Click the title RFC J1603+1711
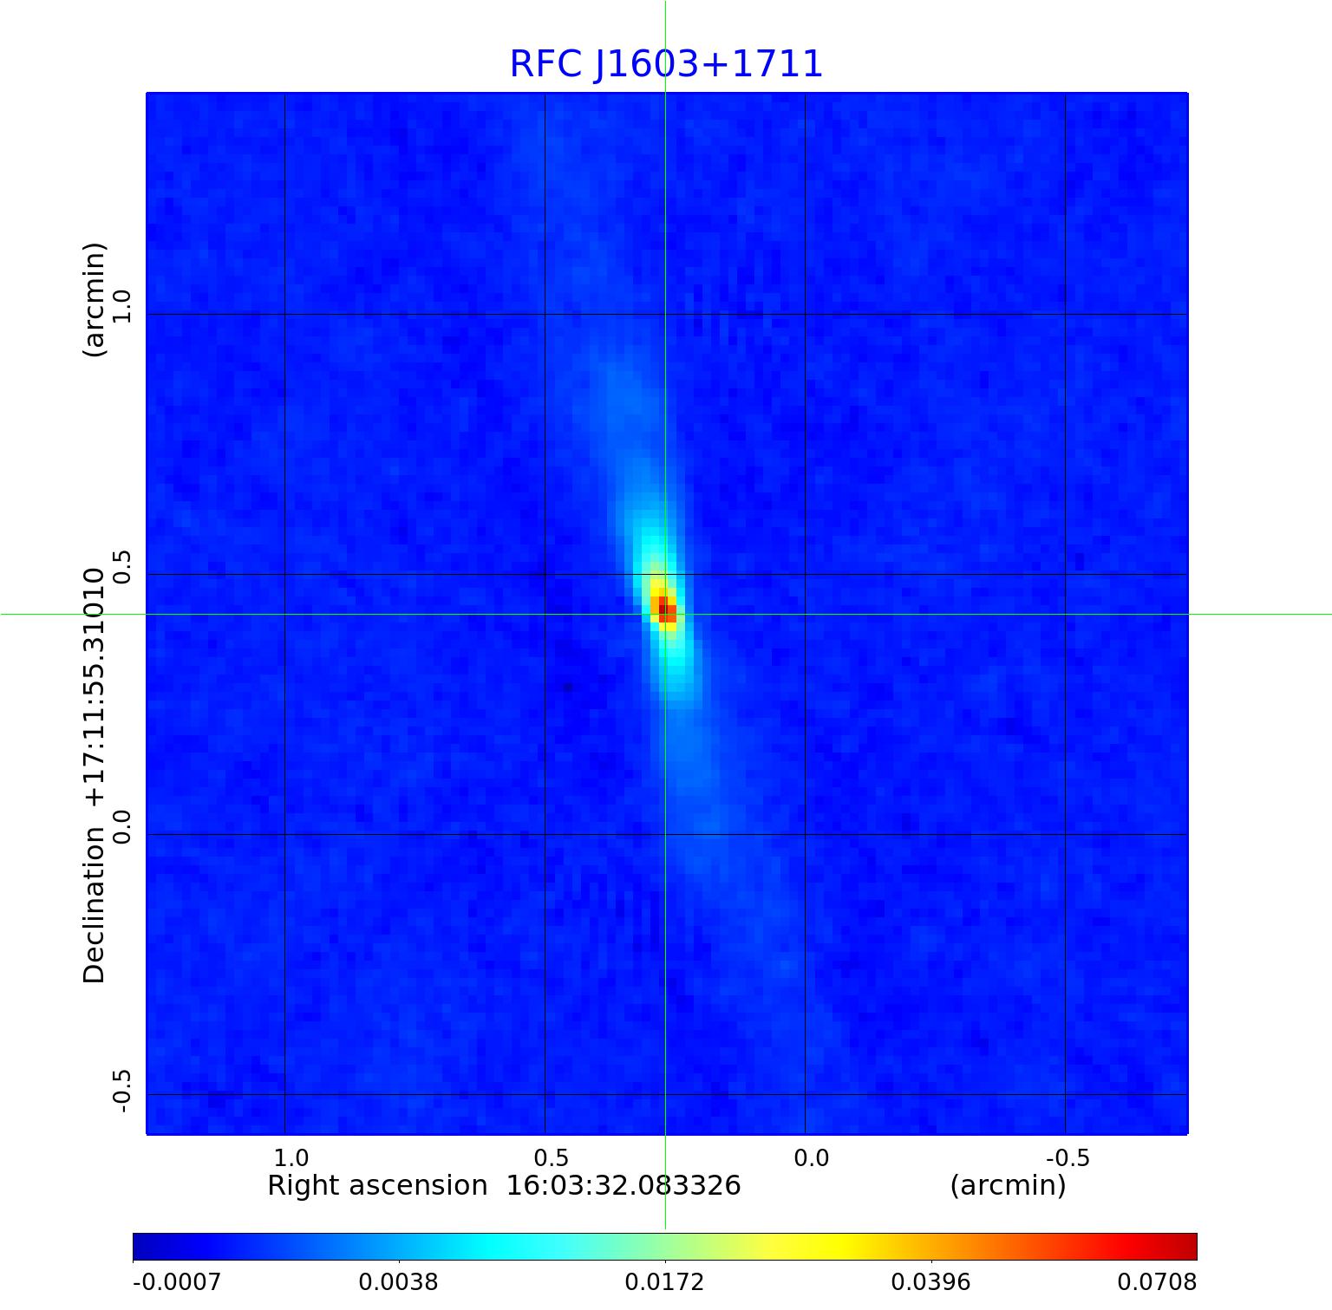pos(665,65)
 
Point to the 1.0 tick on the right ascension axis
pos(291,1157)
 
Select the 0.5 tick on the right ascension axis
pos(551,1157)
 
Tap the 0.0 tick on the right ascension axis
pos(811,1157)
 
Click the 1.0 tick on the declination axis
pos(121,306)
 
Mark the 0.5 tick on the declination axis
pos(121,566)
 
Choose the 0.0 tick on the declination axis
pos(121,826)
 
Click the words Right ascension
pos(377,1185)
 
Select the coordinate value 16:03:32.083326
pos(623,1185)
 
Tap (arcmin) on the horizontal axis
pos(1008,1185)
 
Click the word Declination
pos(94,905)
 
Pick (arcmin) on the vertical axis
pos(94,299)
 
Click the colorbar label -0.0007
pos(177,1281)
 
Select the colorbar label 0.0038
pos(398,1281)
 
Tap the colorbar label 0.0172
pos(664,1281)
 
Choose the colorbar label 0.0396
pos(930,1281)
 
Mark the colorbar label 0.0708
pos(1157,1281)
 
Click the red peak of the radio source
pos(665,608)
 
